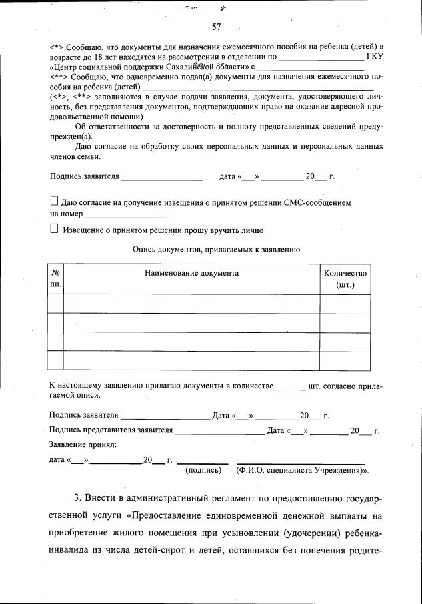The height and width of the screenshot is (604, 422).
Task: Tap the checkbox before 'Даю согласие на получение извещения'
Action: pos(55,200)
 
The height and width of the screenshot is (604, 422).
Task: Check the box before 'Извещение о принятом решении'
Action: pos(55,229)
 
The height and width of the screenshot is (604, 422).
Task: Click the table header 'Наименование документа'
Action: pos(191,273)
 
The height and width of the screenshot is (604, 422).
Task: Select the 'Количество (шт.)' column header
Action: pos(345,279)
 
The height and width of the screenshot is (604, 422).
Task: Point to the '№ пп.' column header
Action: pos(55,279)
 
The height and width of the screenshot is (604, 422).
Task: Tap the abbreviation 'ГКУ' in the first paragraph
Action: pos(375,56)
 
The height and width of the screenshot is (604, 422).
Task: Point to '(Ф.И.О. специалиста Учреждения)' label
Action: pos(301,470)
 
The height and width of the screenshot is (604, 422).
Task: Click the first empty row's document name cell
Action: pos(191,304)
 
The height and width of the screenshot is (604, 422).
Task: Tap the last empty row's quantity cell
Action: pos(345,360)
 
